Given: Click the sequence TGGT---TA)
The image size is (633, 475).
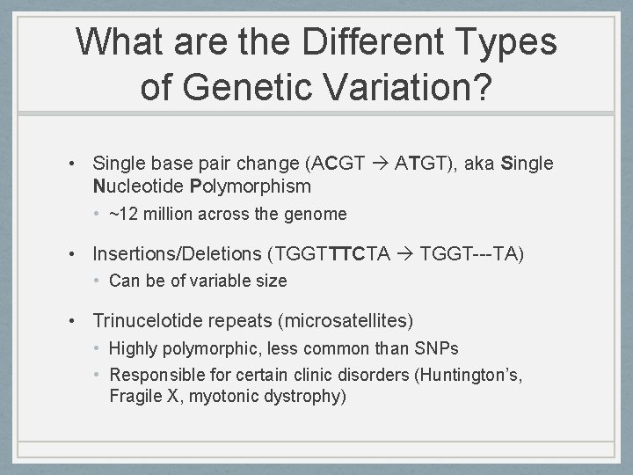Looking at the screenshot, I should pos(472,254).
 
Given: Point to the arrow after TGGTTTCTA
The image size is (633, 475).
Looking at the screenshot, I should pos(406,254).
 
